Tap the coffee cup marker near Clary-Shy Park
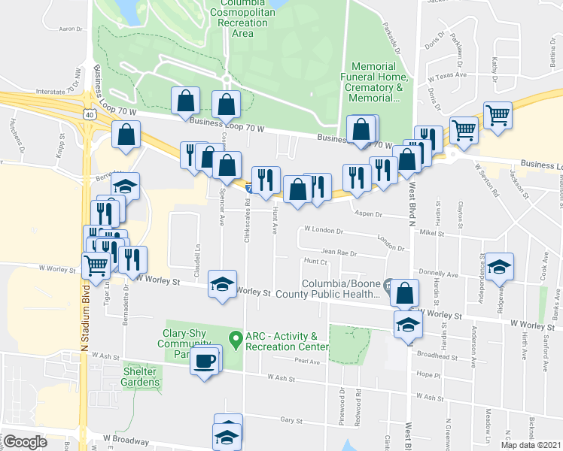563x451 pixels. [x=205, y=361]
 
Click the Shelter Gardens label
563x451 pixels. [x=142, y=377]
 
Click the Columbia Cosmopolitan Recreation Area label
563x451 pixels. [x=242, y=17]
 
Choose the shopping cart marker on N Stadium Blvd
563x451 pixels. [x=96, y=265]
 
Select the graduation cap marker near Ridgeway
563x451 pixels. [x=498, y=267]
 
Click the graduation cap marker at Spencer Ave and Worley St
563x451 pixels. [x=221, y=284]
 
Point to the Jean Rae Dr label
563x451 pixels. [x=338, y=253]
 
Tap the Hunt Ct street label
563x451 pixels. [x=315, y=262]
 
